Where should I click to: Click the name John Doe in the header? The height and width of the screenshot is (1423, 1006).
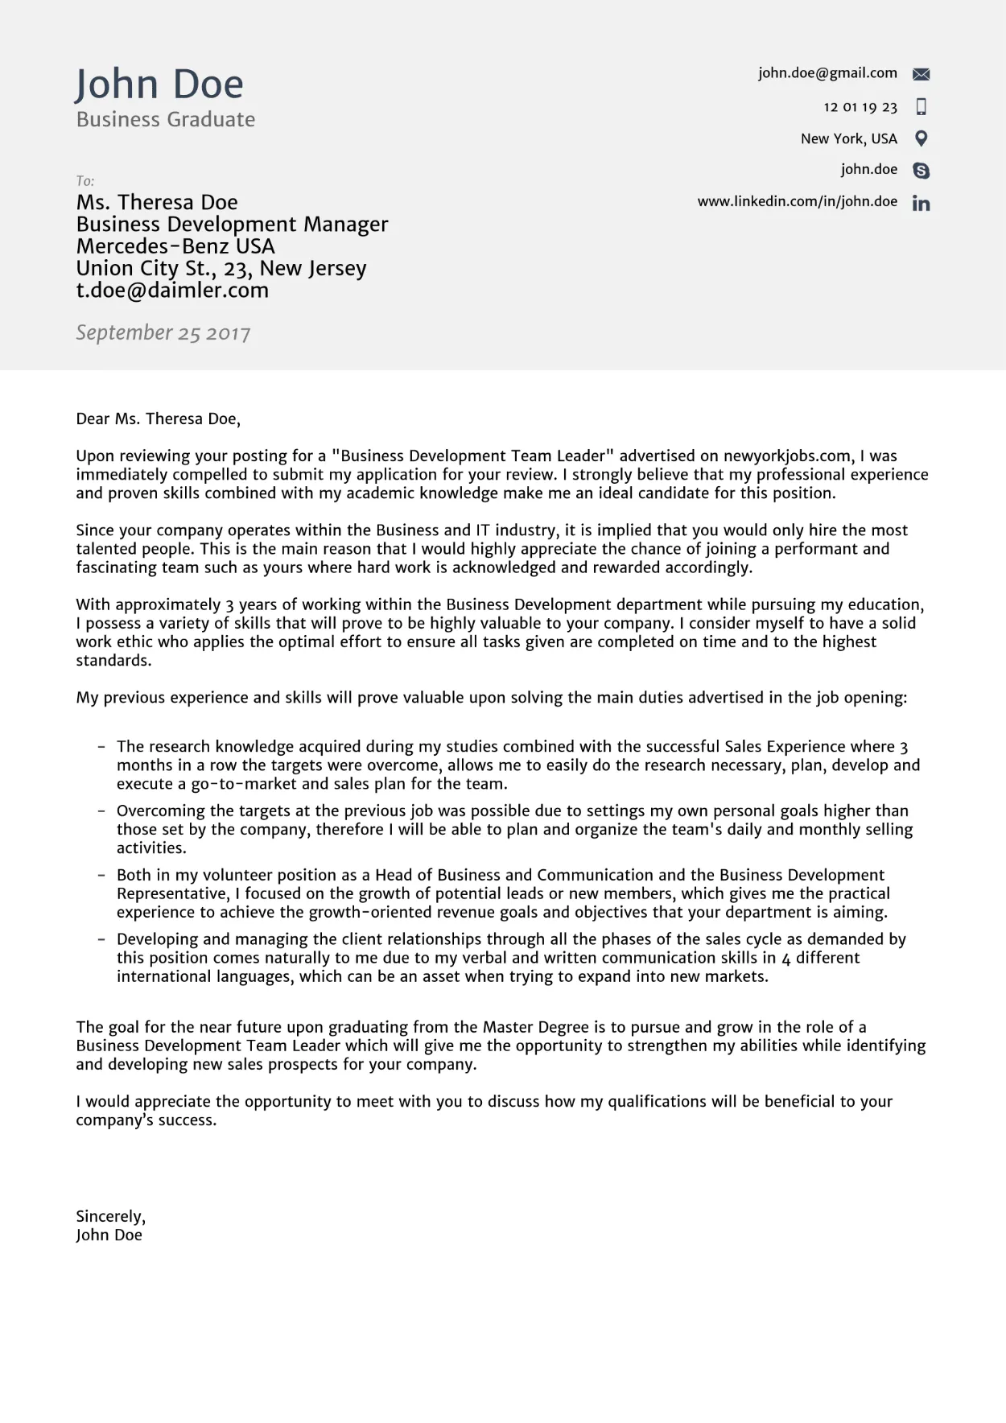[x=159, y=85]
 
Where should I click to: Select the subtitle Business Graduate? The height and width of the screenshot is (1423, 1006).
[x=165, y=119]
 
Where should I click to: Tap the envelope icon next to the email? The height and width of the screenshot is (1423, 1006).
[x=921, y=74]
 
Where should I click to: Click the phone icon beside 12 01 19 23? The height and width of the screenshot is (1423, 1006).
[x=921, y=106]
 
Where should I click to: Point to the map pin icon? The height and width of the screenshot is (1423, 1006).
[x=921, y=138]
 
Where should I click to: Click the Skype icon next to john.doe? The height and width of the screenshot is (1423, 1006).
[x=921, y=171]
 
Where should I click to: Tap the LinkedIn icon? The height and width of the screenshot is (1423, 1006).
[x=921, y=203]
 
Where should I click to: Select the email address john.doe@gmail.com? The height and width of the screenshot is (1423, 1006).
[x=827, y=73]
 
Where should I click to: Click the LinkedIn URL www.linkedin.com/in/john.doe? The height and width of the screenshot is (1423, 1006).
[x=797, y=201]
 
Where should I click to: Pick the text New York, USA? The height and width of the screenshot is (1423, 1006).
[x=848, y=138]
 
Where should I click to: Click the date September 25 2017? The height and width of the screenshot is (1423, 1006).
[x=163, y=332]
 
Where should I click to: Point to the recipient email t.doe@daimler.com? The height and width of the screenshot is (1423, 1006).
[x=172, y=291]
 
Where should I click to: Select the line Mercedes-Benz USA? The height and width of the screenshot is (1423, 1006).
[x=175, y=246]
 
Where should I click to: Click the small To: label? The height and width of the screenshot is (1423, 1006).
[x=85, y=181]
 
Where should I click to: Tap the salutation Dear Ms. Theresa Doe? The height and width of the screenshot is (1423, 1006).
[x=158, y=419]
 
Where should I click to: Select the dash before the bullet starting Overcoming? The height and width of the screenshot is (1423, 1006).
[x=101, y=811]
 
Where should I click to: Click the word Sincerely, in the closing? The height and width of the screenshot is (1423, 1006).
[x=110, y=1216]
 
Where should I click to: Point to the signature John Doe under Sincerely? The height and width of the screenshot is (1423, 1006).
[x=109, y=1235]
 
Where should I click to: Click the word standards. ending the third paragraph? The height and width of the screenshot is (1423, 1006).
[x=113, y=661]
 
